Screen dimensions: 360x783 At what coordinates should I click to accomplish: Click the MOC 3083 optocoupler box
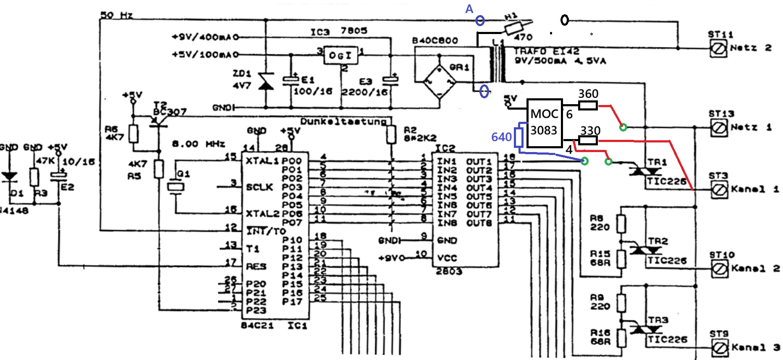[x=545, y=123]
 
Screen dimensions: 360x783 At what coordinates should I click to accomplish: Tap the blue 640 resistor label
[x=501, y=137]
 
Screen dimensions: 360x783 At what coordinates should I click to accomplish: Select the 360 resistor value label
[x=588, y=94]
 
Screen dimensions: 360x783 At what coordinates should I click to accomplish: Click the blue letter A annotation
[x=469, y=9]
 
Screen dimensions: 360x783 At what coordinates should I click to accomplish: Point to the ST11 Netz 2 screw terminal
[x=718, y=49]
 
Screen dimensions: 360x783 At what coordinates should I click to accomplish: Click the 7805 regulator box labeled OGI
[x=340, y=55]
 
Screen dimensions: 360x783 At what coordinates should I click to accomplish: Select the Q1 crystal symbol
[x=175, y=186]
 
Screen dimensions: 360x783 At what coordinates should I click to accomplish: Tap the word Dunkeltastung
[x=343, y=122]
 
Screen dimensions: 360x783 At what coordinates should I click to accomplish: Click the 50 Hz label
[x=116, y=15]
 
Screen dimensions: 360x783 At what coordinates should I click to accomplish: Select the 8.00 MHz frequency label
[x=198, y=144]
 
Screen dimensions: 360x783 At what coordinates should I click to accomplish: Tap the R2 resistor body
[x=391, y=134]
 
